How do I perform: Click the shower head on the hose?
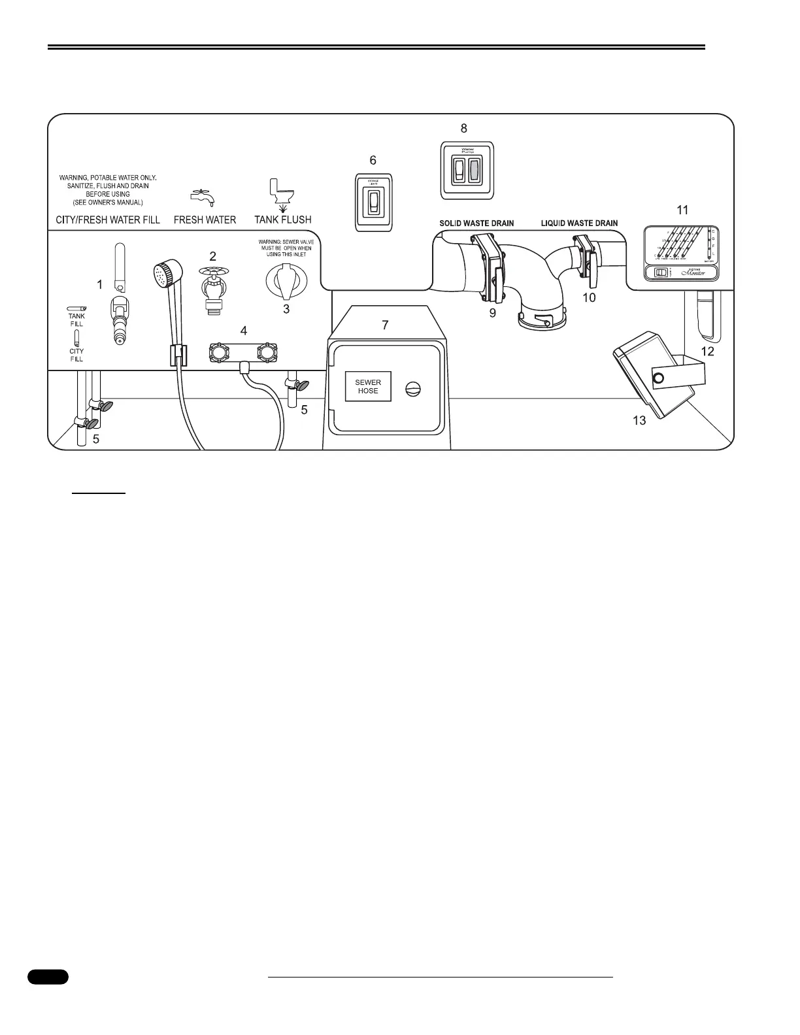point(163,272)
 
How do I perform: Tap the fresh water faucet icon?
point(203,195)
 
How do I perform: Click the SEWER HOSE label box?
point(368,386)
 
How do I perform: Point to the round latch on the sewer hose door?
point(414,388)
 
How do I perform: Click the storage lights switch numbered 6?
point(373,203)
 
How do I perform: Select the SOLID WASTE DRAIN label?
point(476,223)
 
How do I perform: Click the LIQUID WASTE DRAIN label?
point(579,223)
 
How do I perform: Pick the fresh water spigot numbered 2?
point(213,287)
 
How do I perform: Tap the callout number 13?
point(639,420)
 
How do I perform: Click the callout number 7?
point(385,325)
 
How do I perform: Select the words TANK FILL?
point(76,320)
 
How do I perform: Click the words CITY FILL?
point(76,355)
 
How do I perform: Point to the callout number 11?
point(682,210)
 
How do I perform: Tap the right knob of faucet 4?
point(266,353)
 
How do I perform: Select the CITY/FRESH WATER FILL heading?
point(108,220)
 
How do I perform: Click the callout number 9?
point(492,313)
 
